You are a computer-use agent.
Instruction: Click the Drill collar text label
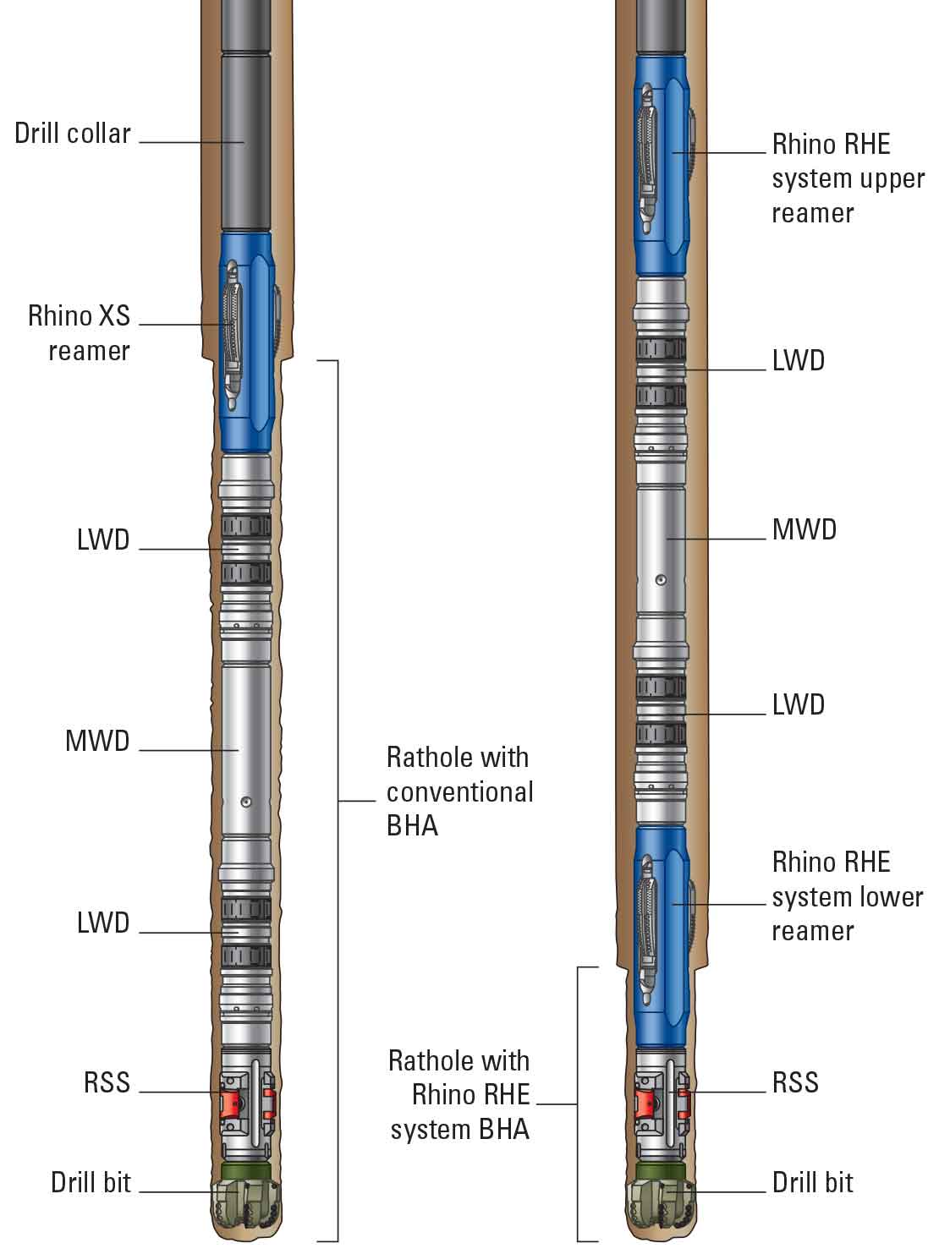pos(73,134)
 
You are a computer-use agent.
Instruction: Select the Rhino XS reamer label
pos(79,333)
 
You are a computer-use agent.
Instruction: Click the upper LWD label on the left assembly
pos(102,539)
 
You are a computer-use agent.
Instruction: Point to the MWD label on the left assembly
pos(97,742)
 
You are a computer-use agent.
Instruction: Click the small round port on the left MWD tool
pos(245,802)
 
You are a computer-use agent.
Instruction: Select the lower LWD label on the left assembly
pos(102,923)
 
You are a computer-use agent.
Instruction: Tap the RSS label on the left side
pos(107,1082)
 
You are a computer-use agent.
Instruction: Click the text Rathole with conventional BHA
pos(459,791)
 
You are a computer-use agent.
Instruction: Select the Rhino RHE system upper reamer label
pos(848,178)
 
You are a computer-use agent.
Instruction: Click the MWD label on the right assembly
pos(804,530)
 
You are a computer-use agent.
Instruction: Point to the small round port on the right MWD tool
pos(662,580)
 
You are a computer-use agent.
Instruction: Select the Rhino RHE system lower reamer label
pos(847,896)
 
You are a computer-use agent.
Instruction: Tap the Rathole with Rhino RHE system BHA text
pos(459,1095)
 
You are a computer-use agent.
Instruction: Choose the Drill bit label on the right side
pos(812,1182)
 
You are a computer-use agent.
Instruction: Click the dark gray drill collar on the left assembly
pos(245,144)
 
